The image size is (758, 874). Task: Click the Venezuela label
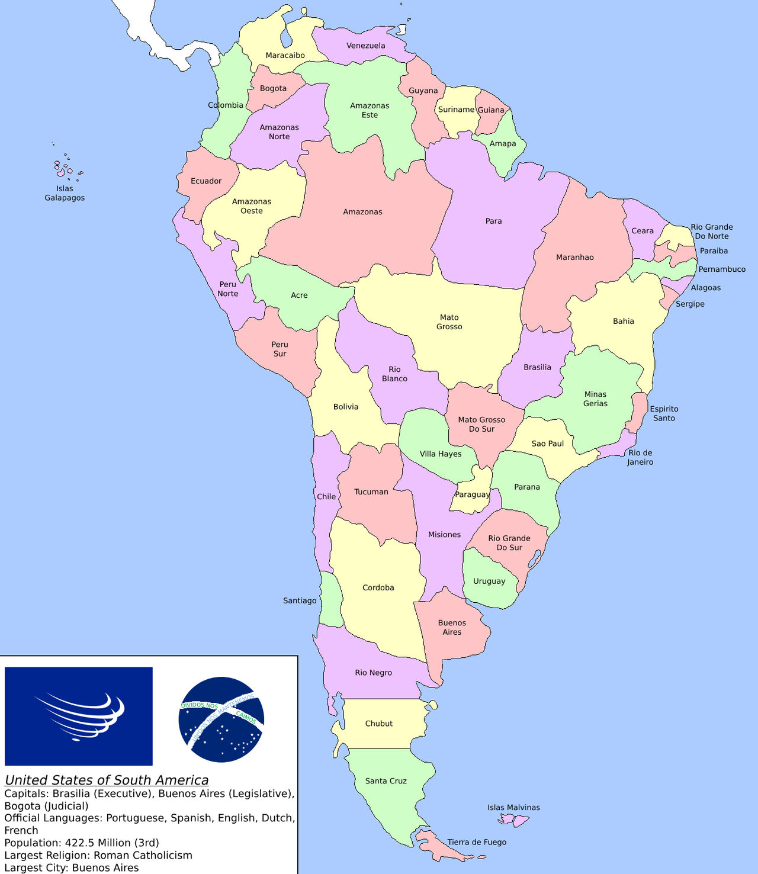365,46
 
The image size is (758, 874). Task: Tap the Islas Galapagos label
65,193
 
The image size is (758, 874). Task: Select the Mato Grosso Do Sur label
481,424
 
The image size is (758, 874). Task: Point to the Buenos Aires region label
452,627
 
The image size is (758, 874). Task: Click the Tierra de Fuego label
477,842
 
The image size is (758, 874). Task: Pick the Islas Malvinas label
513,808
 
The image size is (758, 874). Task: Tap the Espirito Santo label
664,413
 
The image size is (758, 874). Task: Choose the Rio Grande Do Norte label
712,232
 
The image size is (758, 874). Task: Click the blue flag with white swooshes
79,716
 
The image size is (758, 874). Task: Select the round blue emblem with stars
221,719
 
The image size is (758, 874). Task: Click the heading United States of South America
107,780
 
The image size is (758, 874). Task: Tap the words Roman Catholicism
143,855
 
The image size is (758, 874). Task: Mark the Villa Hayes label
441,454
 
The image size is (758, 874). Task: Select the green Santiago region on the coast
331,598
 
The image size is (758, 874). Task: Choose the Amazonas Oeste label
252,206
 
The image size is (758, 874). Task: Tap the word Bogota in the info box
24,806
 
